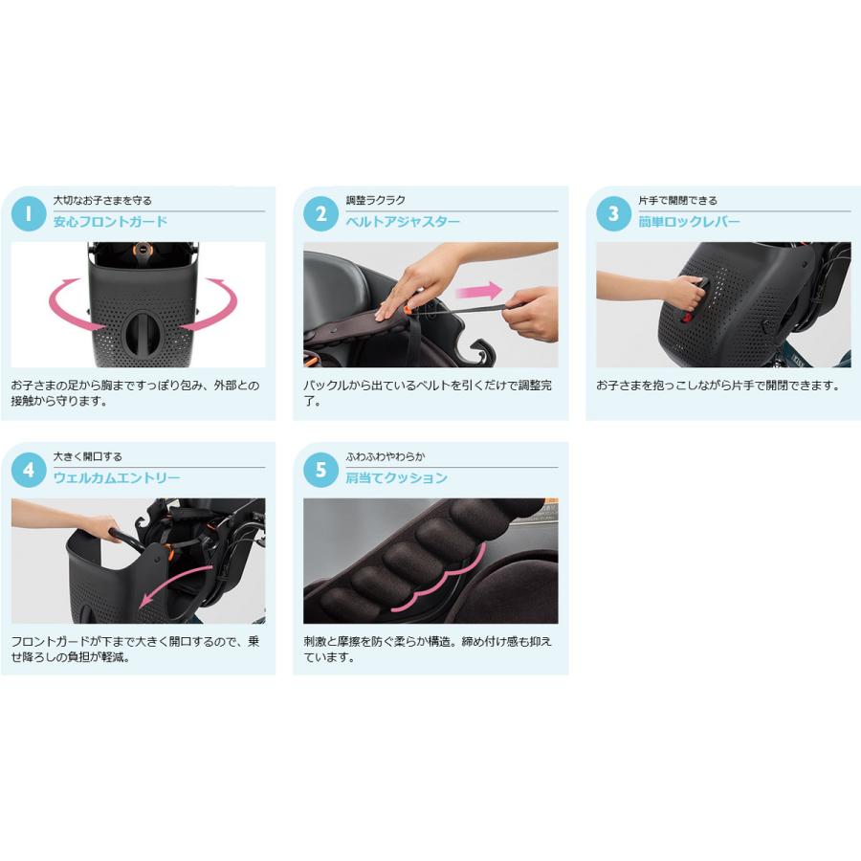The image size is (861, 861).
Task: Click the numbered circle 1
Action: coord(29,213)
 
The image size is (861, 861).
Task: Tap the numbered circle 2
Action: coord(321,213)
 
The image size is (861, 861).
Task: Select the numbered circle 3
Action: coord(613,213)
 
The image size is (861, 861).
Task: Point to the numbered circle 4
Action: coord(29,469)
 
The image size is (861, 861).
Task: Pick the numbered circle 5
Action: coord(321,469)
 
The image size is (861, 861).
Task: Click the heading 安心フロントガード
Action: coord(110,222)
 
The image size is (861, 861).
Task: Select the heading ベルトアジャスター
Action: coord(403,222)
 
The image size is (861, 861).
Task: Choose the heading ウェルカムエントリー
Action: coord(117,477)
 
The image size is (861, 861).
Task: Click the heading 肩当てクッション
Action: coord(396,477)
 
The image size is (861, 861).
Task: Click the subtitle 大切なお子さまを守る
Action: coord(102,200)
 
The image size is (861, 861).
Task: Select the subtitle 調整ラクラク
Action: coord(375,200)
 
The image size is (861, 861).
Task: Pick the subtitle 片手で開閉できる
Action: coord(677,200)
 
